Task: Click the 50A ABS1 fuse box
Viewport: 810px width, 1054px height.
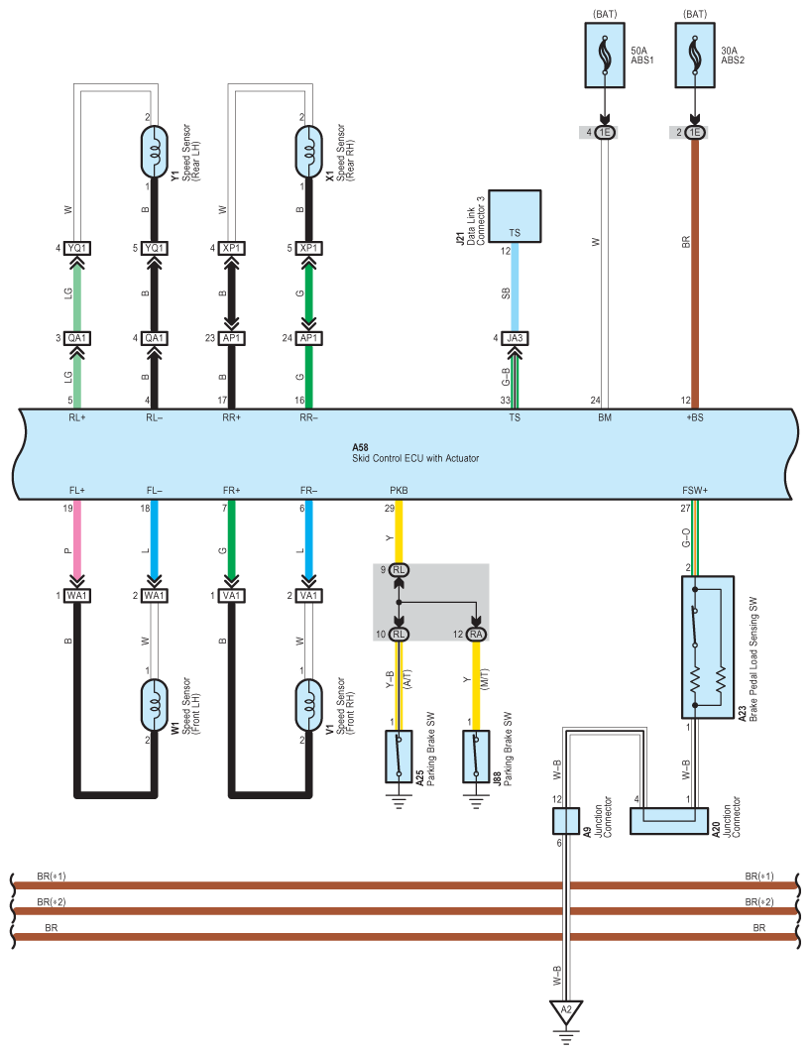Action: click(x=605, y=56)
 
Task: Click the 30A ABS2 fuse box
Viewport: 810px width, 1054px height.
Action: click(x=695, y=56)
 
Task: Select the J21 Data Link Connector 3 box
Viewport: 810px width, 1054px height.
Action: click(x=515, y=216)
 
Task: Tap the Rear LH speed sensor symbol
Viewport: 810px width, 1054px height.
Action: click(x=154, y=152)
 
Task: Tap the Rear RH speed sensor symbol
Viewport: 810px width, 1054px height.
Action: click(x=308, y=152)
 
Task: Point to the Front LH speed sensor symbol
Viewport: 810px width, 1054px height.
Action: click(x=154, y=705)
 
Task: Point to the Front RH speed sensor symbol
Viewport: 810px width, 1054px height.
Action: click(x=308, y=705)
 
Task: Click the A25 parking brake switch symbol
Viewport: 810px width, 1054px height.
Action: click(x=399, y=757)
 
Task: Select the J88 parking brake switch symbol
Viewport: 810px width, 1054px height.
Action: click(x=476, y=757)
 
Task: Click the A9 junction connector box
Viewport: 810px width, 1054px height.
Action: click(x=566, y=821)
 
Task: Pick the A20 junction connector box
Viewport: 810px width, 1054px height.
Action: click(x=669, y=821)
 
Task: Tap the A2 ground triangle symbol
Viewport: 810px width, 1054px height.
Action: click(x=566, y=1011)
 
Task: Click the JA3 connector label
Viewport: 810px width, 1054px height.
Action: click(x=515, y=338)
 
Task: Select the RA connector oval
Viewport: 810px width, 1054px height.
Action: click(x=476, y=634)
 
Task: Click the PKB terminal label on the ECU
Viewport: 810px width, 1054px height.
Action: click(x=399, y=490)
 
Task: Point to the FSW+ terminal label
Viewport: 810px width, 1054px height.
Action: click(x=695, y=490)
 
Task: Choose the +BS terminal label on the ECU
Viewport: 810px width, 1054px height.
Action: click(x=695, y=417)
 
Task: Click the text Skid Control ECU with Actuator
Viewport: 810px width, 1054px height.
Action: click(x=415, y=458)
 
